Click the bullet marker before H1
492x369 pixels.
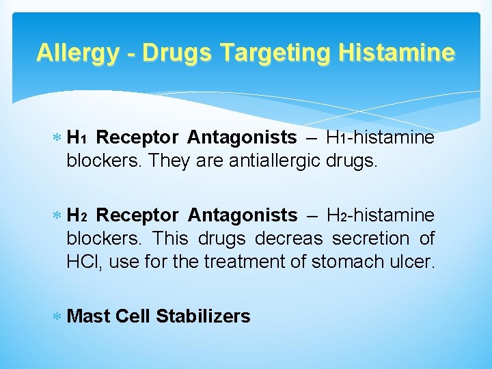click(59, 139)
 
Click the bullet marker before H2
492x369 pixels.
click(59, 217)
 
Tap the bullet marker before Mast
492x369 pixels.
click(59, 317)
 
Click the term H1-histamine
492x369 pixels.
click(380, 138)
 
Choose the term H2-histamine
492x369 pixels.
click(380, 216)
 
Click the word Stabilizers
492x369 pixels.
click(203, 316)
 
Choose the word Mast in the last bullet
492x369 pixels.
click(90, 316)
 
